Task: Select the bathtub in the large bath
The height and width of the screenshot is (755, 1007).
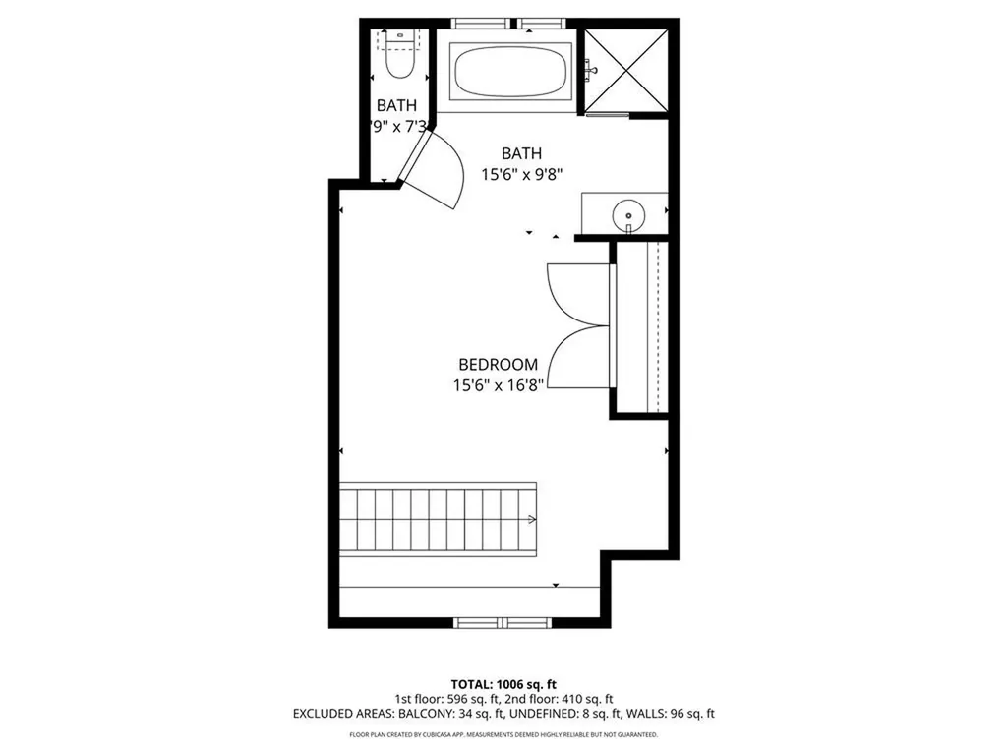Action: [x=509, y=69]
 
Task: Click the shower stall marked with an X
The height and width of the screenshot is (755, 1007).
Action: [x=626, y=68]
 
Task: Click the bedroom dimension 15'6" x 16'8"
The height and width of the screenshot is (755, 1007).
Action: [x=499, y=386]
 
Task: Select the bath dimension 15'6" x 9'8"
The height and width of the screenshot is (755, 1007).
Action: [x=521, y=173]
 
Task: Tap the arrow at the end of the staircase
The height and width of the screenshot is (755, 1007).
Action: [x=532, y=519]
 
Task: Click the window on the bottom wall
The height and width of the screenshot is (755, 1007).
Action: [x=503, y=622]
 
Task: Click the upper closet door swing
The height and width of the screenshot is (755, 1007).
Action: [x=575, y=293]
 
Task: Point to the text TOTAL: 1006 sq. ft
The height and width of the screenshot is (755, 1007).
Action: [x=503, y=683]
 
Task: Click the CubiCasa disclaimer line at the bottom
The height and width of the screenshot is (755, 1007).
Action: [x=503, y=734]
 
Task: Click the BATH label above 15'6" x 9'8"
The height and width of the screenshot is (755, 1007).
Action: [x=521, y=153]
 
